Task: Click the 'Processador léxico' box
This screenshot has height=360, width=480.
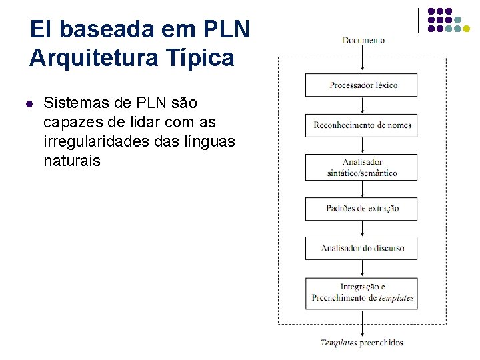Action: pyautogui.click(x=361, y=85)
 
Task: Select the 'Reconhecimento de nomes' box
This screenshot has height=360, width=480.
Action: pyautogui.click(x=361, y=125)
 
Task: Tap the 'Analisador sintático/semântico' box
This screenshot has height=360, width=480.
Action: pyautogui.click(x=361, y=167)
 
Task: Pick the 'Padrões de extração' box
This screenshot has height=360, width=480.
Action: pyautogui.click(x=361, y=209)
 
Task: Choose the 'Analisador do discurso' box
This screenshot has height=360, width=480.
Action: pyautogui.click(x=361, y=248)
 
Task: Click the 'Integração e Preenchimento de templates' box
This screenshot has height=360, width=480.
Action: pyautogui.click(x=361, y=293)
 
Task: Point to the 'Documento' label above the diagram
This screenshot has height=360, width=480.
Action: pyautogui.click(x=363, y=41)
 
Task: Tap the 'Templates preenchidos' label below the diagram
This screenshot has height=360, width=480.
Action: pyautogui.click(x=361, y=343)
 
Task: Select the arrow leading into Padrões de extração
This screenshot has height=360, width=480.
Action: pyautogui.click(x=361, y=189)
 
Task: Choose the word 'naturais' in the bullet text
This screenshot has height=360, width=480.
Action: pyautogui.click(x=71, y=161)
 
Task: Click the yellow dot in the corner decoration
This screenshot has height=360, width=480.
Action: pyautogui.click(x=467, y=28)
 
